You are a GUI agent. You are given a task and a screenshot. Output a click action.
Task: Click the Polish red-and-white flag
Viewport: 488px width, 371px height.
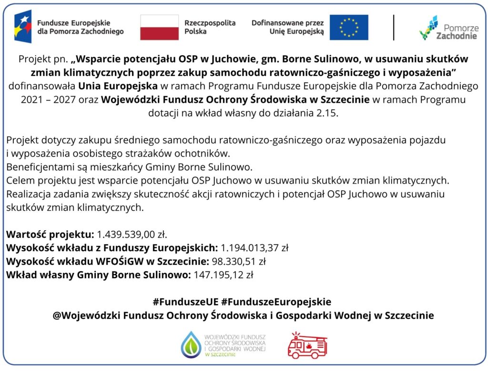159,27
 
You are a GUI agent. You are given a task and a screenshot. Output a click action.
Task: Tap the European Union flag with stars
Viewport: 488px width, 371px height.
349,27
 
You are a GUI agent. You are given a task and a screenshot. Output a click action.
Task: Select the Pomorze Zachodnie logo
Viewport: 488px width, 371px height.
448,28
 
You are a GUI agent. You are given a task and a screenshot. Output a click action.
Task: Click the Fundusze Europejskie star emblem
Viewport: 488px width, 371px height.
22,27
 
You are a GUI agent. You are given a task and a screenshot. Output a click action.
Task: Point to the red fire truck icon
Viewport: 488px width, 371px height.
307,345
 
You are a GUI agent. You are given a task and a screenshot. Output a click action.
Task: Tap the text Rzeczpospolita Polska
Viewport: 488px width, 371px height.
210,27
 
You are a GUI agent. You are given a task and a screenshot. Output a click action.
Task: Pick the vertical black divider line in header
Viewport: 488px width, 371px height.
394,27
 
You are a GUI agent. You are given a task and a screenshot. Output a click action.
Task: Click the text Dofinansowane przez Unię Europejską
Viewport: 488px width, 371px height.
287,27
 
